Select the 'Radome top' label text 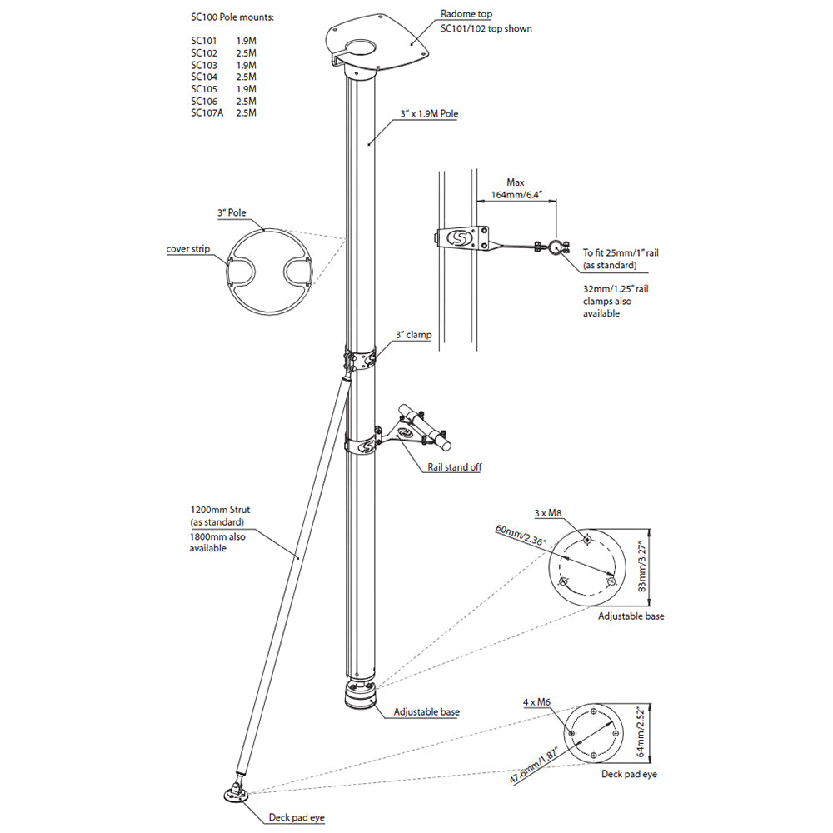(x=466, y=14)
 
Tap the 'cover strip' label (x=188, y=248)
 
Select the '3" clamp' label (x=413, y=335)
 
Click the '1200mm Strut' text (x=221, y=509)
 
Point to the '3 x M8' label (x=548, y=513)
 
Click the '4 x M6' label (x=537, y=702)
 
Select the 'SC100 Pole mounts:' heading (x=232, y=17)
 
